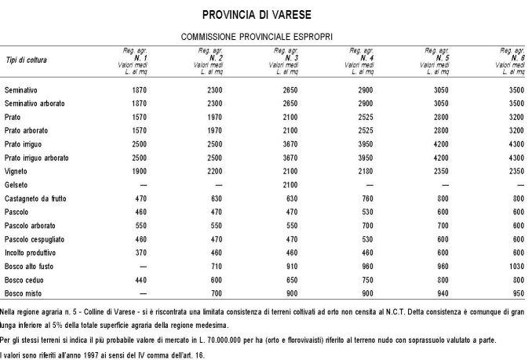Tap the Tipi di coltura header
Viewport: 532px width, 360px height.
point(26,60)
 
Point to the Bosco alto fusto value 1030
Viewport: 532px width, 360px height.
point(515,266)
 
